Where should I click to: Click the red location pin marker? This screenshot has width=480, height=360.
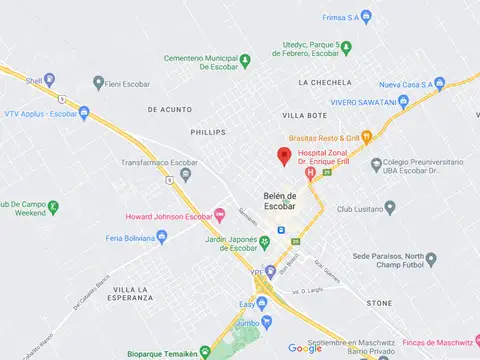coord(284,155)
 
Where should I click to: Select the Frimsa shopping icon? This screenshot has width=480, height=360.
coord(366,16)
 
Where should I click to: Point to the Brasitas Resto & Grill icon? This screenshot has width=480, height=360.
coord(367,137)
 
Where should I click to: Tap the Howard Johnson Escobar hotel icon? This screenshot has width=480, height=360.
coord(221,216)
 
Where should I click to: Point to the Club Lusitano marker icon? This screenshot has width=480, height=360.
coord(390,208)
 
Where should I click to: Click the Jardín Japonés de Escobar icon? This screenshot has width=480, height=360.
coord(265,241)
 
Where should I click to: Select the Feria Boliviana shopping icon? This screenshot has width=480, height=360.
coord(162,238)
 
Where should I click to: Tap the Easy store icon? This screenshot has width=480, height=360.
coord(262,303)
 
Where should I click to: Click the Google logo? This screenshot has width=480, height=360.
coord(305,348)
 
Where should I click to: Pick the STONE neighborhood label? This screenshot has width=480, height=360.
coord(379,302)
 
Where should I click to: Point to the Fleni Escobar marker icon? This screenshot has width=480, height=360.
coord(98,82)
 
